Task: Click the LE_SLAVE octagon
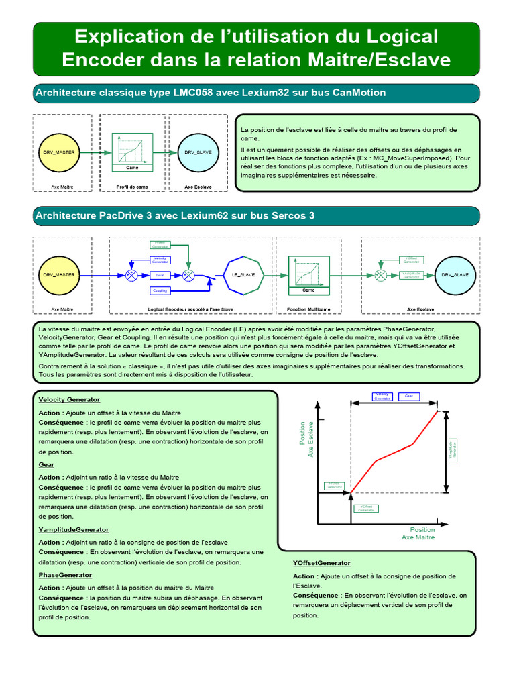243,275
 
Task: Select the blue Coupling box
160,290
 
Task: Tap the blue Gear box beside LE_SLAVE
160,275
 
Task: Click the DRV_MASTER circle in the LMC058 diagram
62,152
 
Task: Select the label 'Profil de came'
132,187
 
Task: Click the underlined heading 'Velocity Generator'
69,399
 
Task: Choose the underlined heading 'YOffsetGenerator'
321,563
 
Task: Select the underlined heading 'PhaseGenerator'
65,575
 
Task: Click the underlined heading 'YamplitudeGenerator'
74,530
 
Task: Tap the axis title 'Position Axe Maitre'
418,533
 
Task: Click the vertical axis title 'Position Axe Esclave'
306,439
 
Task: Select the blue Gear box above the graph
408,396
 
